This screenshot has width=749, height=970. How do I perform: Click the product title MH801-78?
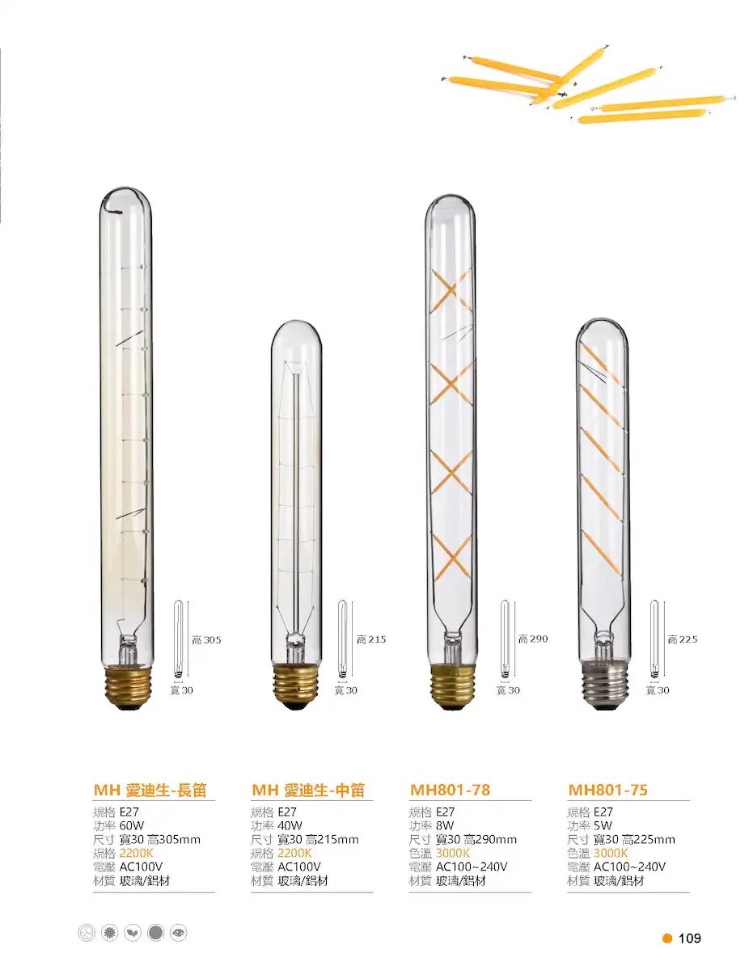point(450,790)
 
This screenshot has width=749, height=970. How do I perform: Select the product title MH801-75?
point(607,790)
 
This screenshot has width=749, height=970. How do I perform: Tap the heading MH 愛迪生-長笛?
point(150,790)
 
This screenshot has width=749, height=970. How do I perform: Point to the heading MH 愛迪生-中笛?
point(308,790)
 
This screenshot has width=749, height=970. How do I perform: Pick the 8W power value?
point(445,825)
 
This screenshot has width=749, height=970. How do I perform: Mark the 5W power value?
point(603,825)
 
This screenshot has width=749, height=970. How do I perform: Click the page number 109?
point(689,938)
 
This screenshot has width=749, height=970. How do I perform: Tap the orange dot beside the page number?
point(667,938)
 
